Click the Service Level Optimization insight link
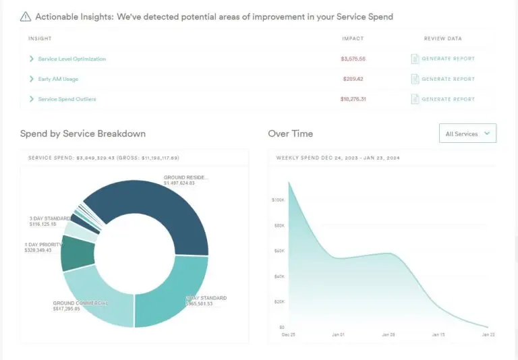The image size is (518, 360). [x=71, y=59]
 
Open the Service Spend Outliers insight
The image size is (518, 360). [x=67, y=99]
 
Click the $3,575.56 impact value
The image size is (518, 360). [x=353, y=59]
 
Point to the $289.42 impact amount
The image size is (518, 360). [x=352, y=79]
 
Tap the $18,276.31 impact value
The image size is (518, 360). [x=353, y=99]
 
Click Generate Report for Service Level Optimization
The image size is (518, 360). [x=448, y=59]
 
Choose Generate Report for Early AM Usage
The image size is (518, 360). [x=448, y=79]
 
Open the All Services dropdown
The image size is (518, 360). [x=467, y=133]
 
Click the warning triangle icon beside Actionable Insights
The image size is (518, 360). [x=26, y=16]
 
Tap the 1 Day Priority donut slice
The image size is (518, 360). [x=77, y=252]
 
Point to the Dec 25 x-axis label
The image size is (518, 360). [x=288, y=334]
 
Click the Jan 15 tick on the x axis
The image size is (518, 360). [x=438, y=334]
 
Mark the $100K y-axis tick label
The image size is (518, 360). [x=277, y=200]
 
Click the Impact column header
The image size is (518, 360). [x=352, y=38]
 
